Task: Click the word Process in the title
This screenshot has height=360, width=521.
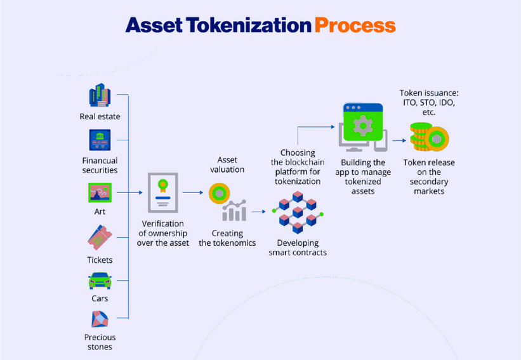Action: pyautogui.click(x=355, y=25)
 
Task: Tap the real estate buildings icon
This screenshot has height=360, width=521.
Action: pyautogui.click(x=100, y=95)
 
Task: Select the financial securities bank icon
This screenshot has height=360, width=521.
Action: pyautogui.click(x=100, y=140)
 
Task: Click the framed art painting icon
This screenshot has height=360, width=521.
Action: pyautogui.click(x=100, y=192)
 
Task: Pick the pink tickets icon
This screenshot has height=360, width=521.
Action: pyautogui.click(x=100, y=237)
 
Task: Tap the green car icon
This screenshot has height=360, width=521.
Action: pyautogui.click(x=100, y=281)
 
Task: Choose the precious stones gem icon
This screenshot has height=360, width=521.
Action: pyautogui.click(x=100, y=319)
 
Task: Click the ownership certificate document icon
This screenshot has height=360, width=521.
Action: pyautogui.click(x=163, y=192)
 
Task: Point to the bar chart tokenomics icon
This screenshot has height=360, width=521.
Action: pyautogui.click(x=235, y=210)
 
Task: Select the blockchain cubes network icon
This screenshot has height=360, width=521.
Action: pyautogui.click(x=298, y=212)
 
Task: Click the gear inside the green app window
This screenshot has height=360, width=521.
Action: pyautogui.click(x=363, y=126)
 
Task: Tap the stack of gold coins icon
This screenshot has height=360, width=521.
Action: pyautogui.click(x=429, y=137)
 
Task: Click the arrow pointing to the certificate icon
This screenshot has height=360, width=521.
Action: pyautogui.click(x=129, y=192)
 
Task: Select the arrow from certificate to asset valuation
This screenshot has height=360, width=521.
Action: pyautogui.click(x=193, y=192)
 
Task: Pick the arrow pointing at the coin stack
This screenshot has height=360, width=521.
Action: pyautogui.click(x=399, y=140)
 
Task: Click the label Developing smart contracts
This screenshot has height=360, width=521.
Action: pyautogui.click(x=298, y=248)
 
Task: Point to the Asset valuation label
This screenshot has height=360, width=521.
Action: pyautogui.click(x=227, y=164)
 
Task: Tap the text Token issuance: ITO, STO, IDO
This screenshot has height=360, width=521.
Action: pyautogui.click(x=429, y=98)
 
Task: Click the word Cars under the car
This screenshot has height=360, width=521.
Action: pyautogui.click(x=100, y=298)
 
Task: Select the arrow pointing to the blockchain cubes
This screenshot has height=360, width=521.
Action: pyautogui.click(x=258, y=211)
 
